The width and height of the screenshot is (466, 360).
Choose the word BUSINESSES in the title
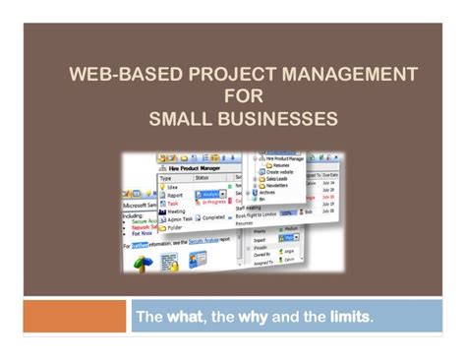pos(286,119)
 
